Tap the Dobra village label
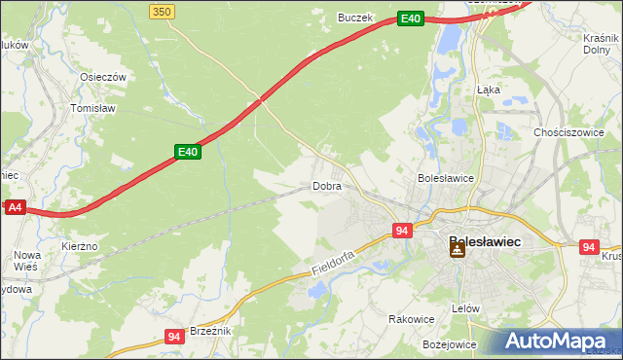pyautogui.click(x=326, y=185)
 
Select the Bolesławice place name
pyautogui.click(x=445, y=178)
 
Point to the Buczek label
pyautogui.click(x=355, y=18)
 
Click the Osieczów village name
pyautogui.click(x=104, y=78)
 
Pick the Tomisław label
pyautogui.click(x=93, y=108)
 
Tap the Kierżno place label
pyautogui.click(x=79, y=247)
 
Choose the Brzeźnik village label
pyautogui.click(x=209, y=331)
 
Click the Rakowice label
pyautogui.click(x=411, y=318)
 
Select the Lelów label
pyautogui.click(x=466, y=307)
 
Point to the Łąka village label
pyautogui.click(x=489, y=89)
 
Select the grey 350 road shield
pyautogui.click(x=163, y=11)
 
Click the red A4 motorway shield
pyautogui.click(x=14, y=207)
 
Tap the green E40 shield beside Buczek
pyautogui.click(x=410, y=18)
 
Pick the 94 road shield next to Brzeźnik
pyautogui.click(x=174, y=337)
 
